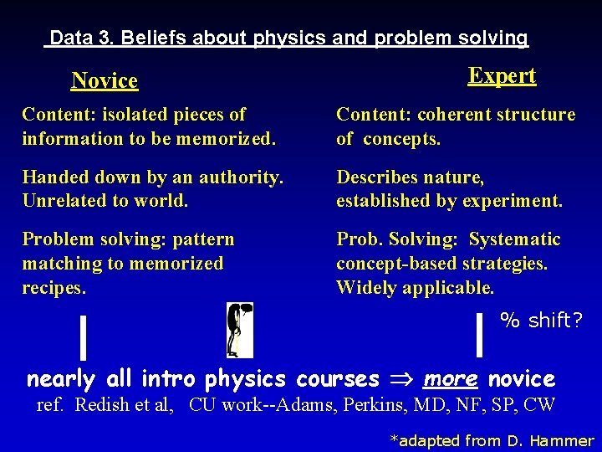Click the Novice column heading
[105, 80]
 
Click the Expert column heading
[502, 75]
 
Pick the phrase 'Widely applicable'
[415, 287]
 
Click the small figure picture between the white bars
[239, 330]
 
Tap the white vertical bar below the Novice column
[83, 332]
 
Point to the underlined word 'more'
[450, 378]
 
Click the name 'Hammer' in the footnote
[561, 440]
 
